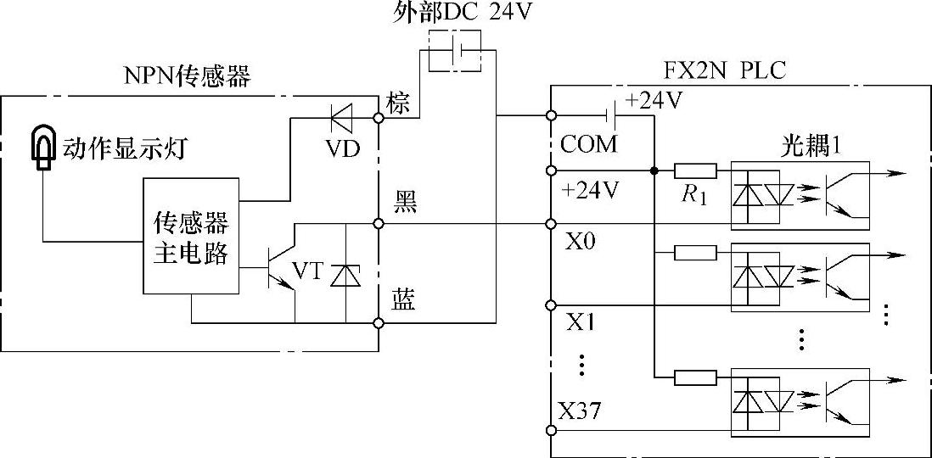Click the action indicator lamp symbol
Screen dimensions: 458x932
click(42, 148)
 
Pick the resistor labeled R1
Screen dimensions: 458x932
click(695, 170)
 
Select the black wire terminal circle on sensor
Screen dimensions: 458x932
click(379, 224)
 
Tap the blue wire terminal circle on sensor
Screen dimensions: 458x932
click(379, 322)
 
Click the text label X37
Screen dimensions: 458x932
click(580, 412)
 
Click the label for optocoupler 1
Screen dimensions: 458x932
click(810, 145)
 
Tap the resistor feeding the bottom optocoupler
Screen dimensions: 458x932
click(695, 377)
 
